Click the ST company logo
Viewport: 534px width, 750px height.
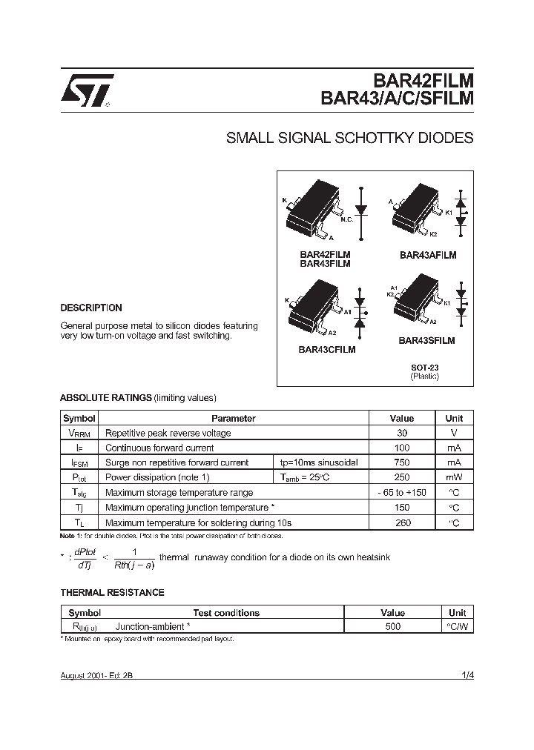pyautogui.click(x=86, y=91)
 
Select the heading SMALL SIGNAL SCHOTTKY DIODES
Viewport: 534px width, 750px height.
pyautogui.click(x=349, y=139)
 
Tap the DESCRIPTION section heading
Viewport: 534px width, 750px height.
pyautogui.click(x=90, y=308)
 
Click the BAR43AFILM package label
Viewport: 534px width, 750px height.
pyautogui.click(x=427, y=255)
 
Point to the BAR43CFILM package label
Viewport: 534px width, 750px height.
pyautogui.click(x=326, y=350)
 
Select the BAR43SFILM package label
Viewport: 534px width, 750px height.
pyautogui.click(x=426, y=341)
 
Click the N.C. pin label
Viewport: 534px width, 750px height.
pyautogui.click(x=346, y=220)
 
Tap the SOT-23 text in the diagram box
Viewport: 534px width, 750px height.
pyautogui.click(x=425, y=367)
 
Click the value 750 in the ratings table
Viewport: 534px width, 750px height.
pyautogui.click(x=402, y=462)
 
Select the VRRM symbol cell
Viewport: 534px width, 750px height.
pyautogui.click(x=80, y=433)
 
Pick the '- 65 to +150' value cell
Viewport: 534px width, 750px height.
pyautogui.click(x=402, y=492)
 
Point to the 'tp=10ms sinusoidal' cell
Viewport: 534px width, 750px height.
pyautogui.click(x=319, y=462)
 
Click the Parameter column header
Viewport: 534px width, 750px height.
pyautogui.click(x=234, y=418)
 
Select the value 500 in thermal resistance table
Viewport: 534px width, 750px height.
pyautogui.click(x=392, y=626)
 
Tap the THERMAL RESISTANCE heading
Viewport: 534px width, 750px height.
pyautogui.click(x=112, y=593)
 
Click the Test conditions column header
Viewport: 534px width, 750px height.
pyautogui.click(x=226, y=613)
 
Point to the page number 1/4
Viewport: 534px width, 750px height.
pyautogui.click(x=467, y=676)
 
